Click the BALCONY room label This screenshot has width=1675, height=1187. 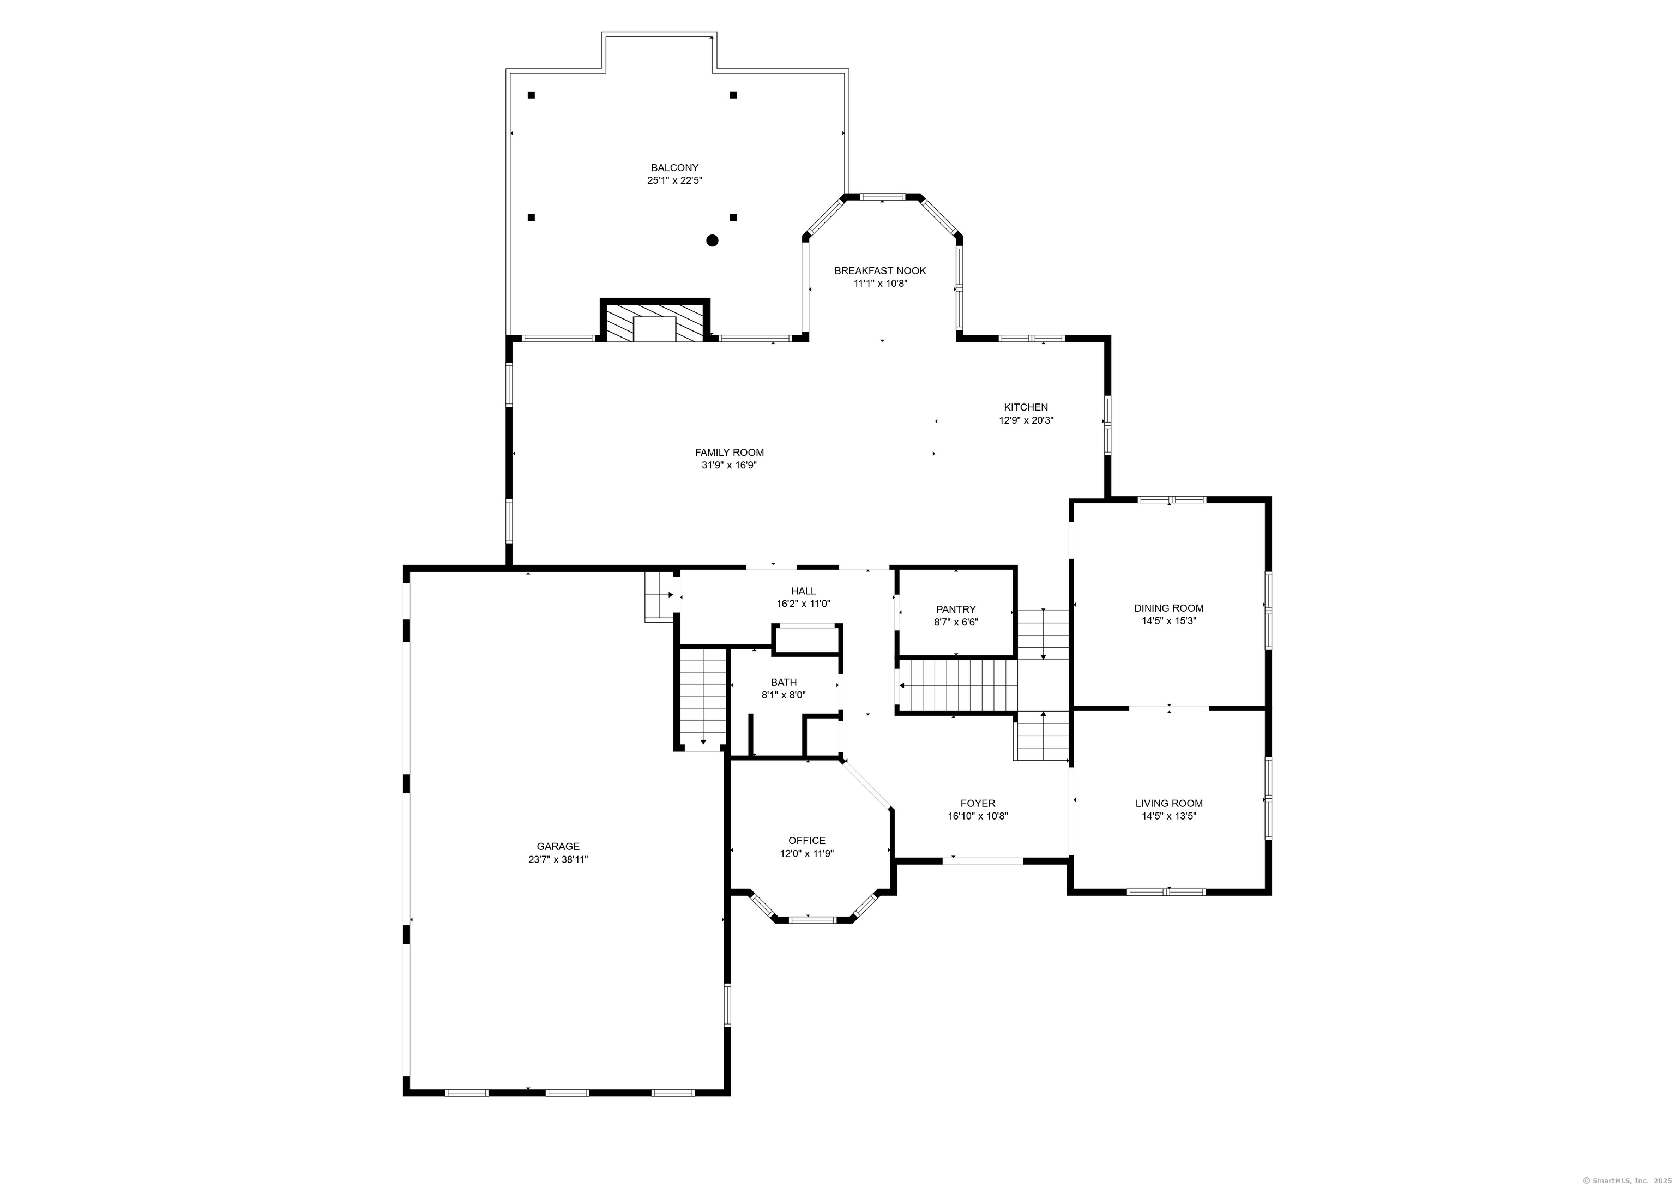[674, 168]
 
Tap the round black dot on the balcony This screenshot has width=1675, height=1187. [712, 240]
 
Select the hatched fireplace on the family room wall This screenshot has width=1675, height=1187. [655, 322]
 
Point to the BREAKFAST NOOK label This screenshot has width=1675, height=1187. [880, 271]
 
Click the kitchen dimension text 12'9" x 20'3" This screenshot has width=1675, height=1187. [1026, 421]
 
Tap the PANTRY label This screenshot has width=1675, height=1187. [956, 610]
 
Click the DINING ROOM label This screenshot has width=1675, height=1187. [1168, 608]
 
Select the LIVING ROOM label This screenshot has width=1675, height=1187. [1168, 803]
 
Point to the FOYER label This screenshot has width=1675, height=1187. [978, 803]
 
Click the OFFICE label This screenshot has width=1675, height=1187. [807, 841]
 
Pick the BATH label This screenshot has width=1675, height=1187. [784, 683]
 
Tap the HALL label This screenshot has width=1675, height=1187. [803, 591]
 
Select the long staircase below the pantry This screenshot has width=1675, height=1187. [957, 685]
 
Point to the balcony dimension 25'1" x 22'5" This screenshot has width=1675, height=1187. [674, 180]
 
